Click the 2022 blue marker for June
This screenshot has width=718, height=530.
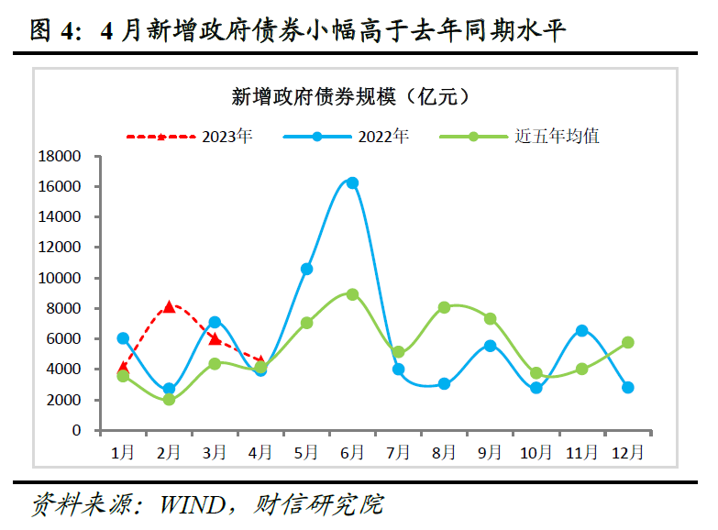click(352, 182)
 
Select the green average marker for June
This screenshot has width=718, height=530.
click(352, 294)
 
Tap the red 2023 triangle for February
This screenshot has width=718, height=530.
click(169, 306)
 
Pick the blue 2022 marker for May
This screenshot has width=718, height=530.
click(306, 269)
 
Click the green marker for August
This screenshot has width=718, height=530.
click(444, 307)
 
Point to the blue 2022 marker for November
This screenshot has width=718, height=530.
click(581, 330)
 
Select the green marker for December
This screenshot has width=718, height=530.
click(627, 342)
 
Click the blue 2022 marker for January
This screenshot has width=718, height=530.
click(123, 338)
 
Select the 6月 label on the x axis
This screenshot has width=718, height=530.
click(352, 451)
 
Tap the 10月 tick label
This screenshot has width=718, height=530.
click(536, 451)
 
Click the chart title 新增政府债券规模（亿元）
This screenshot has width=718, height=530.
click(351, 95)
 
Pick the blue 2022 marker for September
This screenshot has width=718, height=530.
click(490, 346)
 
